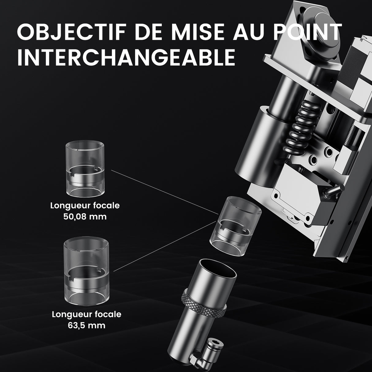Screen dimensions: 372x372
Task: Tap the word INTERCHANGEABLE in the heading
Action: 126,57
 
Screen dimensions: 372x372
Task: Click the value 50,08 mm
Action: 85,217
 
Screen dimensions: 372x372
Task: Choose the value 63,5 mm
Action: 86,325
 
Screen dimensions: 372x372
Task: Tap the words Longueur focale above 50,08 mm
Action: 85,205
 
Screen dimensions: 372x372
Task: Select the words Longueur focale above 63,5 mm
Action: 86,314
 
